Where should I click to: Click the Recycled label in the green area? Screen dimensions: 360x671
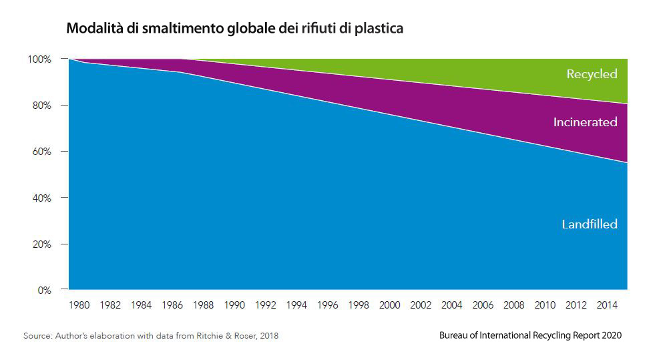pos(592,74)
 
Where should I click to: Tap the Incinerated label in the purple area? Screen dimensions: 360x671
pos(585,122)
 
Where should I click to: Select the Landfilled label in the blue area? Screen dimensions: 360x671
pos(589,224)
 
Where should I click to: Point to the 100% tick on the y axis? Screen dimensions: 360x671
pos(39,59)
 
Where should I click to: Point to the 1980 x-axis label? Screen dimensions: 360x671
pos(80,306)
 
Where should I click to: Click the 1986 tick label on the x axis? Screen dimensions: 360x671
pos(173,306)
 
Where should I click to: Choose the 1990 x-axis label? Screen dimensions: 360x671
pos(235,306)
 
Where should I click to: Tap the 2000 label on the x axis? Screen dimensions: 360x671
pos(390,306)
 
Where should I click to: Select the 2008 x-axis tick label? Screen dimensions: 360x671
pos(514,306)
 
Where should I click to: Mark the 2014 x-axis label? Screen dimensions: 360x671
pos(607,306)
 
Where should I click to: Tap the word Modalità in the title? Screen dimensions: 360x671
pos(90,29)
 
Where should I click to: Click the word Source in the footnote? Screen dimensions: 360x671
pos(37,336)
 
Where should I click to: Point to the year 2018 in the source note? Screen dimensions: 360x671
pos(267,336)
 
